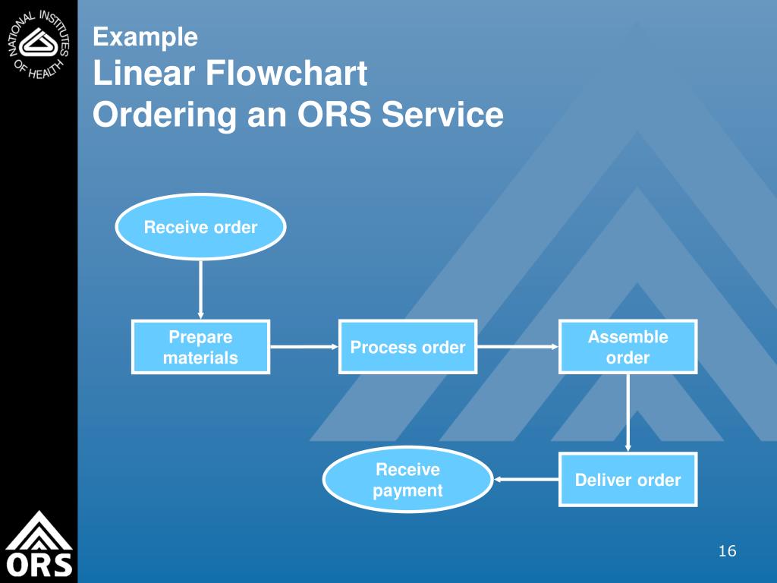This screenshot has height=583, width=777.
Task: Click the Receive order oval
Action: (200, 226)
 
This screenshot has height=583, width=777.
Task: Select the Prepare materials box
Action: (200, 346)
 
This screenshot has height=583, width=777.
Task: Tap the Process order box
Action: (407, 346)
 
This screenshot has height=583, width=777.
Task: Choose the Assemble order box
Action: (628, 346)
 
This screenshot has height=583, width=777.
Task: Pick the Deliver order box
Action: (628, 480)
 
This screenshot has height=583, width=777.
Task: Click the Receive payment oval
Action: (407, 480)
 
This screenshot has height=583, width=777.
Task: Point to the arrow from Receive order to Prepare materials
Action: (200, 289)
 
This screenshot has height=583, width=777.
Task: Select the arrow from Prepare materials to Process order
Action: (304, 346)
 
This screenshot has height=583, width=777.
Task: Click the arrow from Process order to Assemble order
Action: (517, 346)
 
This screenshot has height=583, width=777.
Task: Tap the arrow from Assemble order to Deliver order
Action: (628, 413)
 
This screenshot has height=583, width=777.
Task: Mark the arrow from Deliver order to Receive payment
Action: (527, 480)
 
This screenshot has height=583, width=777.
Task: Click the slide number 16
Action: (727, 551)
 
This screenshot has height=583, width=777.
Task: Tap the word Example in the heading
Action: (145, 37)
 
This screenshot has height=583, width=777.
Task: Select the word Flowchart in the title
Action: (286, 73)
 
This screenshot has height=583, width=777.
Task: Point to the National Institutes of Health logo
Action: (39, 44)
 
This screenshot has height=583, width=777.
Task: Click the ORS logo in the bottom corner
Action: (39, 544)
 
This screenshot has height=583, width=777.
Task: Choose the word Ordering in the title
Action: (165, 115)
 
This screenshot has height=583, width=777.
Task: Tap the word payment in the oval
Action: (407, 491)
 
